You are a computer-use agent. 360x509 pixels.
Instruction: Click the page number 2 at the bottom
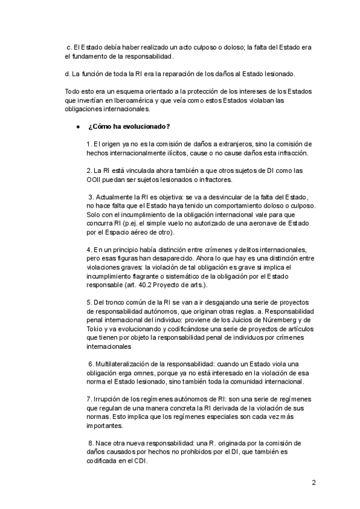point(313,482)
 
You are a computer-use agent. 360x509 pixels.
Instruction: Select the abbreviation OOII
point(96,179)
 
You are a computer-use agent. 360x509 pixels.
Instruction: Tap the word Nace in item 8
point(104,443)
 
